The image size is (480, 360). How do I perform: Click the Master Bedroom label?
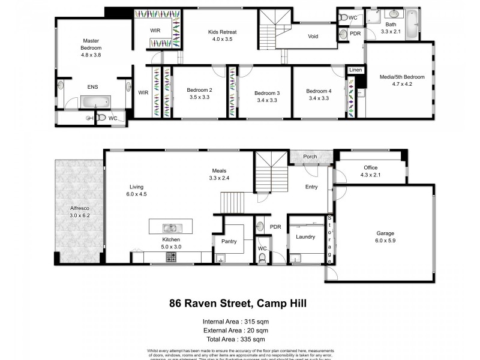(x=91, y=44)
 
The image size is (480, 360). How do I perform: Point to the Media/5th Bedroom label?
(x=402, y=77)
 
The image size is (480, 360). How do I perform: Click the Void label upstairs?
(x=313, y=37)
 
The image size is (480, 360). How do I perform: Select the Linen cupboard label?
(x=355, y=70)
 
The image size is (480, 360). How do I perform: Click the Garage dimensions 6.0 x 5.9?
(x=386, y=242)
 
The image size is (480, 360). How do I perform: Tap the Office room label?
(x=370, y=167)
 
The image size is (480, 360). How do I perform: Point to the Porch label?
(x=311, y=157)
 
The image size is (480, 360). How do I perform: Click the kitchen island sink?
(x=171, y=227)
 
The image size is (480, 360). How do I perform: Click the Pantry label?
(x=229, y=241)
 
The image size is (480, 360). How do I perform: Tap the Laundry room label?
(x=305, y=236)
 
